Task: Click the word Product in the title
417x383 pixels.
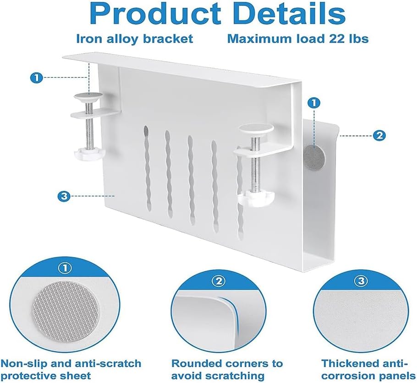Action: [x=156, y=14]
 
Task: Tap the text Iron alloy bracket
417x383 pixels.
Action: [x=134, y=39]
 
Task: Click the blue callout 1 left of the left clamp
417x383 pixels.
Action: [x=36, y=78]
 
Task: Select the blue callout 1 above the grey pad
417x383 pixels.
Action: [x=314, y=103]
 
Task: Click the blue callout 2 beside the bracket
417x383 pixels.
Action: [x=379, y=136]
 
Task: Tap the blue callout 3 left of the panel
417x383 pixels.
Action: [x=64, y=196]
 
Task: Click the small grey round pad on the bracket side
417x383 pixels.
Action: [x=315, y=157]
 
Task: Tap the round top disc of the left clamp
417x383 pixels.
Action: [x=88, y=96]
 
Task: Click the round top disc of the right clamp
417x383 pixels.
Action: [x=256, y=129]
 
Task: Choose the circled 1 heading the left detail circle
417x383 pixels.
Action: [x=66, y=269]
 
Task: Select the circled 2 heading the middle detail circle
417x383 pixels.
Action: [x=218, y=281]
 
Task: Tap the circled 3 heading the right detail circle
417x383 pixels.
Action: [x=361, y=281]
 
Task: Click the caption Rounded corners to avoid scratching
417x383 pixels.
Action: [x=227, y=369]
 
